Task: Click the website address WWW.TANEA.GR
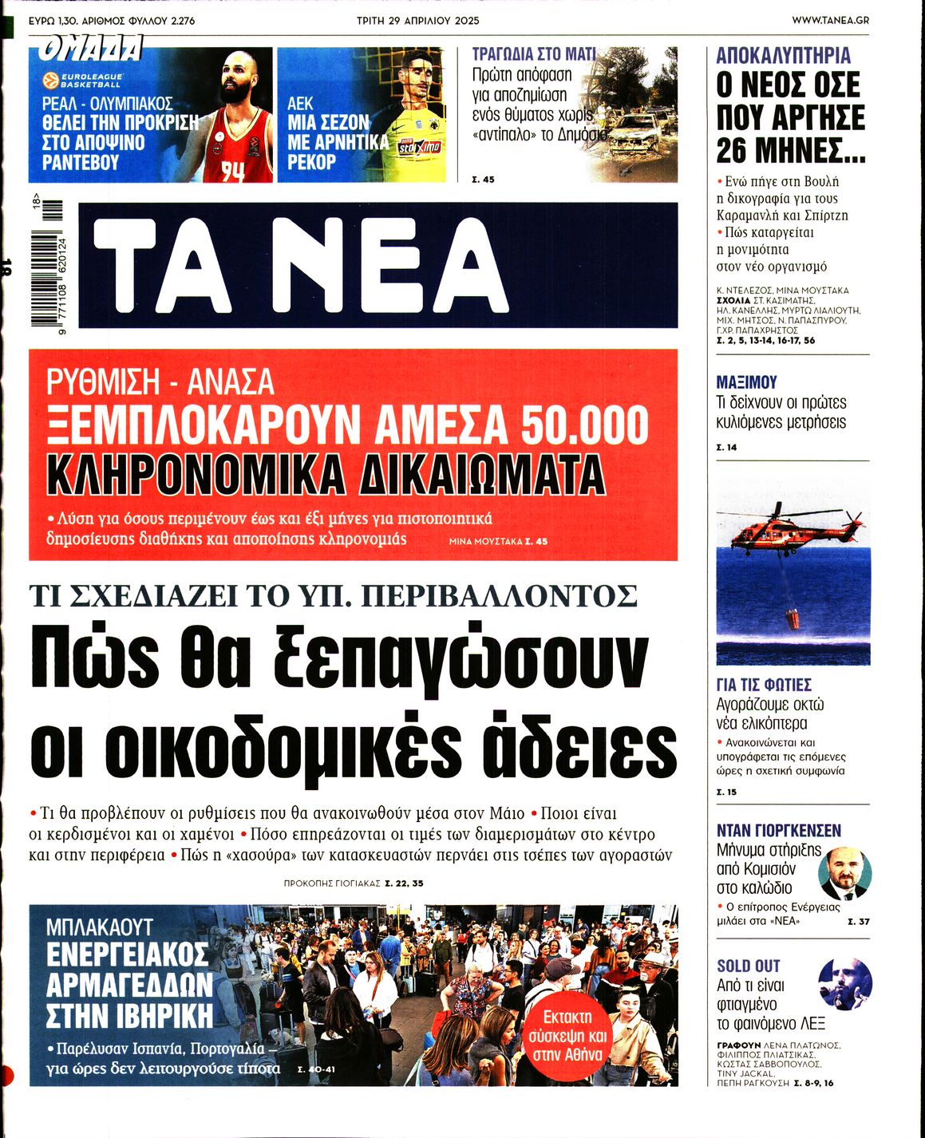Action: tap(830, 20)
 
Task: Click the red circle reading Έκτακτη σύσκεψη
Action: tap(567, 1035)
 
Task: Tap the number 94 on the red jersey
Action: tap(231, 170)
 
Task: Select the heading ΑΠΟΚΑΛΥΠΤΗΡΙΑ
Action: tap(772, 56)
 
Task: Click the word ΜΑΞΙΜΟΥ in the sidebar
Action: tap(746, 382)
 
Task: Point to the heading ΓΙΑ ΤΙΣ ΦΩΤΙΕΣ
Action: tap(764, 685)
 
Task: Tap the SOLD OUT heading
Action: tap(748, 966)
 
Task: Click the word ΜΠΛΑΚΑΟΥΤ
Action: tap(99, 927)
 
